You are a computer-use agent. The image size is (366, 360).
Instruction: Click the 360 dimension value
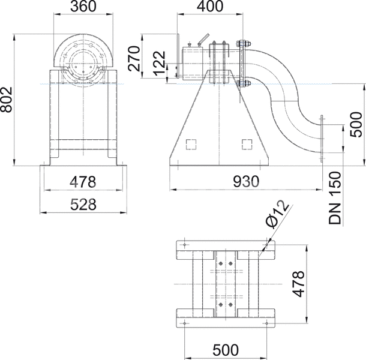pyautogui.click(x=83, y=7)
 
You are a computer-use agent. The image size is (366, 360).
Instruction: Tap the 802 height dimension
pyautogui.click(x=7, y=100)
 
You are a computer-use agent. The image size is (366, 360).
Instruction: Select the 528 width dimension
pyautogui.click(x=83, y=205)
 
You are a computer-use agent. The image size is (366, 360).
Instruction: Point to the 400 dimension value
pyautogui.click(x=210, y=7)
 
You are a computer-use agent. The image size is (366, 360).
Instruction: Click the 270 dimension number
pyautogui.click(x=134, y=59)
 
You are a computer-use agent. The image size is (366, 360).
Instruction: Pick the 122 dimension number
pyautogui.click(x=160, y=63)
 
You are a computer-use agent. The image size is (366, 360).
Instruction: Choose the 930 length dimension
pyautogui.click(x=246, y=181)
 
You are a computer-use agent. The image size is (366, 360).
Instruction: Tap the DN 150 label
pyautogui.click(x=335, y=198)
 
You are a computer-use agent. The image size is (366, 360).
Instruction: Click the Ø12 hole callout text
pyautogui.click(x=278, y=214)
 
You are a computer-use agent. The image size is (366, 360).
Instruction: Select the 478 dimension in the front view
pyautogui.click(x=83, y=182)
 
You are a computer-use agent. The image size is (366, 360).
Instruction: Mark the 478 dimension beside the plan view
pyautogui.click(x=299, y=284)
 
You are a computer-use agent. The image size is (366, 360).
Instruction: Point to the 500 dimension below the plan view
pyautogui.click(x=226, y=350)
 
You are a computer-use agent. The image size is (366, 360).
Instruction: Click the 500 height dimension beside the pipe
pyautogui.click(x=356, y=124)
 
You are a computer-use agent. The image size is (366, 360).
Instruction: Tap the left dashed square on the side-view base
pyautogui.click(x=191, y=144)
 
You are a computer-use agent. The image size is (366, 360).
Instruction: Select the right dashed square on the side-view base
pyautogui.click(x=247, y=144)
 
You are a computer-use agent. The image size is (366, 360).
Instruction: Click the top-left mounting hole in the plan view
pyautogui.click(x=185, y=245)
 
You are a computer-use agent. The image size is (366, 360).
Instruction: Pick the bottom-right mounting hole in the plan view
pyautogui.click(x=266, y=323)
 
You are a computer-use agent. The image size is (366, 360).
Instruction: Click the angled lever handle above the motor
pyautogui.click(x=203, y=39)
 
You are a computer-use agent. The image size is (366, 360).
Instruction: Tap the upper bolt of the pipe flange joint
pyautogui.click(x=244, y=44)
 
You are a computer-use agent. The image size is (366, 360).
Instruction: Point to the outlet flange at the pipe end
pyautogui.click(x=322, y=139)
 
